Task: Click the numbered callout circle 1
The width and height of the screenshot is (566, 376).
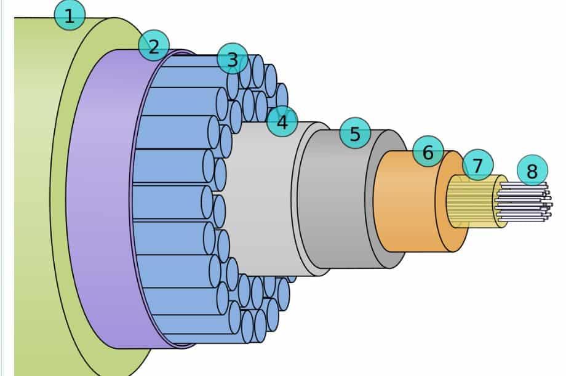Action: pyautogui.click(x=70, y=15)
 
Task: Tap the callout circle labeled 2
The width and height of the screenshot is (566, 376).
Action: pyautogui.click(x=153, y=45)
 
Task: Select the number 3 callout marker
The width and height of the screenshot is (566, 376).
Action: pyautogui.click(x=232, y=59)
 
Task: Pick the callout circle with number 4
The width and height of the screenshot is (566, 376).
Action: pyautogui.click(x=282, y=122)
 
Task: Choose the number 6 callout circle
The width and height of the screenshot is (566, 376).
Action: pyautogui.click(x=428, y=151)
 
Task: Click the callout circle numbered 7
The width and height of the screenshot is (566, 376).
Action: pyautogui.click(x=477, y=165)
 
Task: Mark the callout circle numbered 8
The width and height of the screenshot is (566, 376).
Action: pyautogui.click(x=532, y=170)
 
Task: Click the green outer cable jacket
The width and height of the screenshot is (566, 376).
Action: pyautogui.click(x=31, y=185)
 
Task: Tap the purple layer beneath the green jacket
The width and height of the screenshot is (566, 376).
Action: pyautogui.click(x=98, y=197)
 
